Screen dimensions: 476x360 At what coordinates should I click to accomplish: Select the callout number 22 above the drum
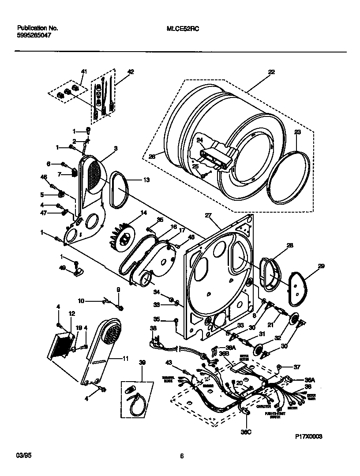coord(271,72)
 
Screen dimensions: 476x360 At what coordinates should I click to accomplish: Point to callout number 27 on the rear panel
coord(208,215)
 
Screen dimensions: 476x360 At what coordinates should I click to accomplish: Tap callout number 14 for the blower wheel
coord(143,212)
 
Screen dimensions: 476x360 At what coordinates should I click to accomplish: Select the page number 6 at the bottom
coord(181,457)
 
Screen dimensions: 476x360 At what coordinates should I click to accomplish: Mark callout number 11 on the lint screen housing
coord(125,359)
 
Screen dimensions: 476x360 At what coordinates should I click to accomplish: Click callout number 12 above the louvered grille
coord(72,313)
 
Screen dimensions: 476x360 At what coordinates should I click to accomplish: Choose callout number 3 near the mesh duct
coord(116,149)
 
